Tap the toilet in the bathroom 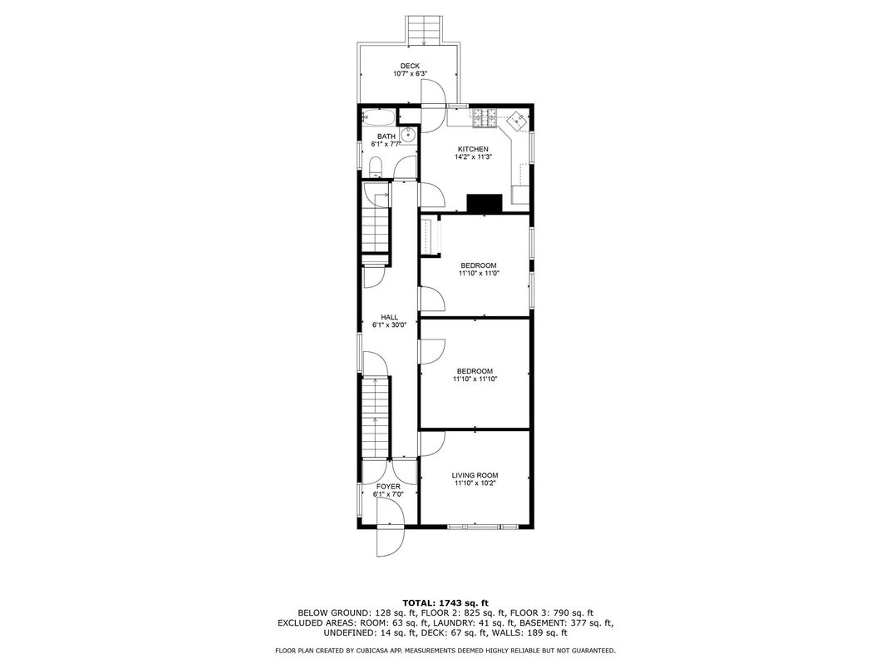[x=375, y=168]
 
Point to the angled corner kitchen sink [x=516, y=121]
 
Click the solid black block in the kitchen [x=485, y=204]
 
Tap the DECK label [x=410, y=66]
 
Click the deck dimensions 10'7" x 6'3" [x=410, y=74]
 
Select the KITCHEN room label [x=466, y=149]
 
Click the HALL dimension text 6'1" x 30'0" [x=389, y=325]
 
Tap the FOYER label [x=388, y=487]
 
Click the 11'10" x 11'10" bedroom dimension [x=474, y=379]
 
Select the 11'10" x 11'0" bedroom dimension [x=478, y=273]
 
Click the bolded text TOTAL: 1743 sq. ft [x=445, y=602]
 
